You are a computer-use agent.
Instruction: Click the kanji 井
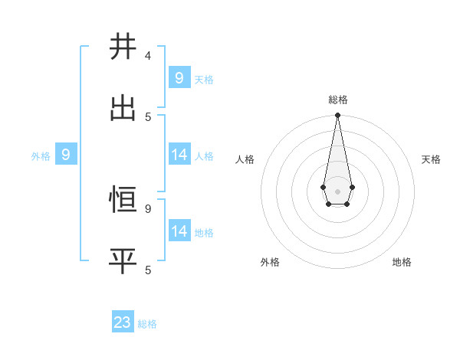coord(123,47)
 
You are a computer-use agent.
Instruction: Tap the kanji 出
coord(123,108)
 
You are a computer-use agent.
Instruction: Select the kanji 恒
coord(123,200)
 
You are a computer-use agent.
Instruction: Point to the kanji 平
coord(123,261)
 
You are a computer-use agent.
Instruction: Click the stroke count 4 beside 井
coord(148,56)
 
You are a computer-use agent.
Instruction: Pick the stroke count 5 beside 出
coord(148,116)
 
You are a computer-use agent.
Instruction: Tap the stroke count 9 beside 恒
coord(148,208)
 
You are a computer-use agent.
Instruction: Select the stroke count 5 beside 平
coord(148,270)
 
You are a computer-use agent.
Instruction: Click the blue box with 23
coord(123,322)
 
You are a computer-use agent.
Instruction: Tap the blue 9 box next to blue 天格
coord(179,77)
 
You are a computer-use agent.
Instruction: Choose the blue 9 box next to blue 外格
coord(66,155)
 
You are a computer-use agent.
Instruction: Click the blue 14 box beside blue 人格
coord(179,155)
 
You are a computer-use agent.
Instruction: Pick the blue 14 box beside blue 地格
coord(179,231)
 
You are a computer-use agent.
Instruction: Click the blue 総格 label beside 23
coord(147,324)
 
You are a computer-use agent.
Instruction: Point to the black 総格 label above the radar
coord(337,100)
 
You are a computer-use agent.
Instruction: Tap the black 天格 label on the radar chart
coord(431,159)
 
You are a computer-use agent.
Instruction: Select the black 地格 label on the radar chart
coord(402,262)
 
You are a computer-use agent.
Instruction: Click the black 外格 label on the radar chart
coord(270,262)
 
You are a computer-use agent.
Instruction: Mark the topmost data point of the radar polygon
coord(337,115)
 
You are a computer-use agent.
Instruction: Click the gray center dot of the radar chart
coord(337,191)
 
